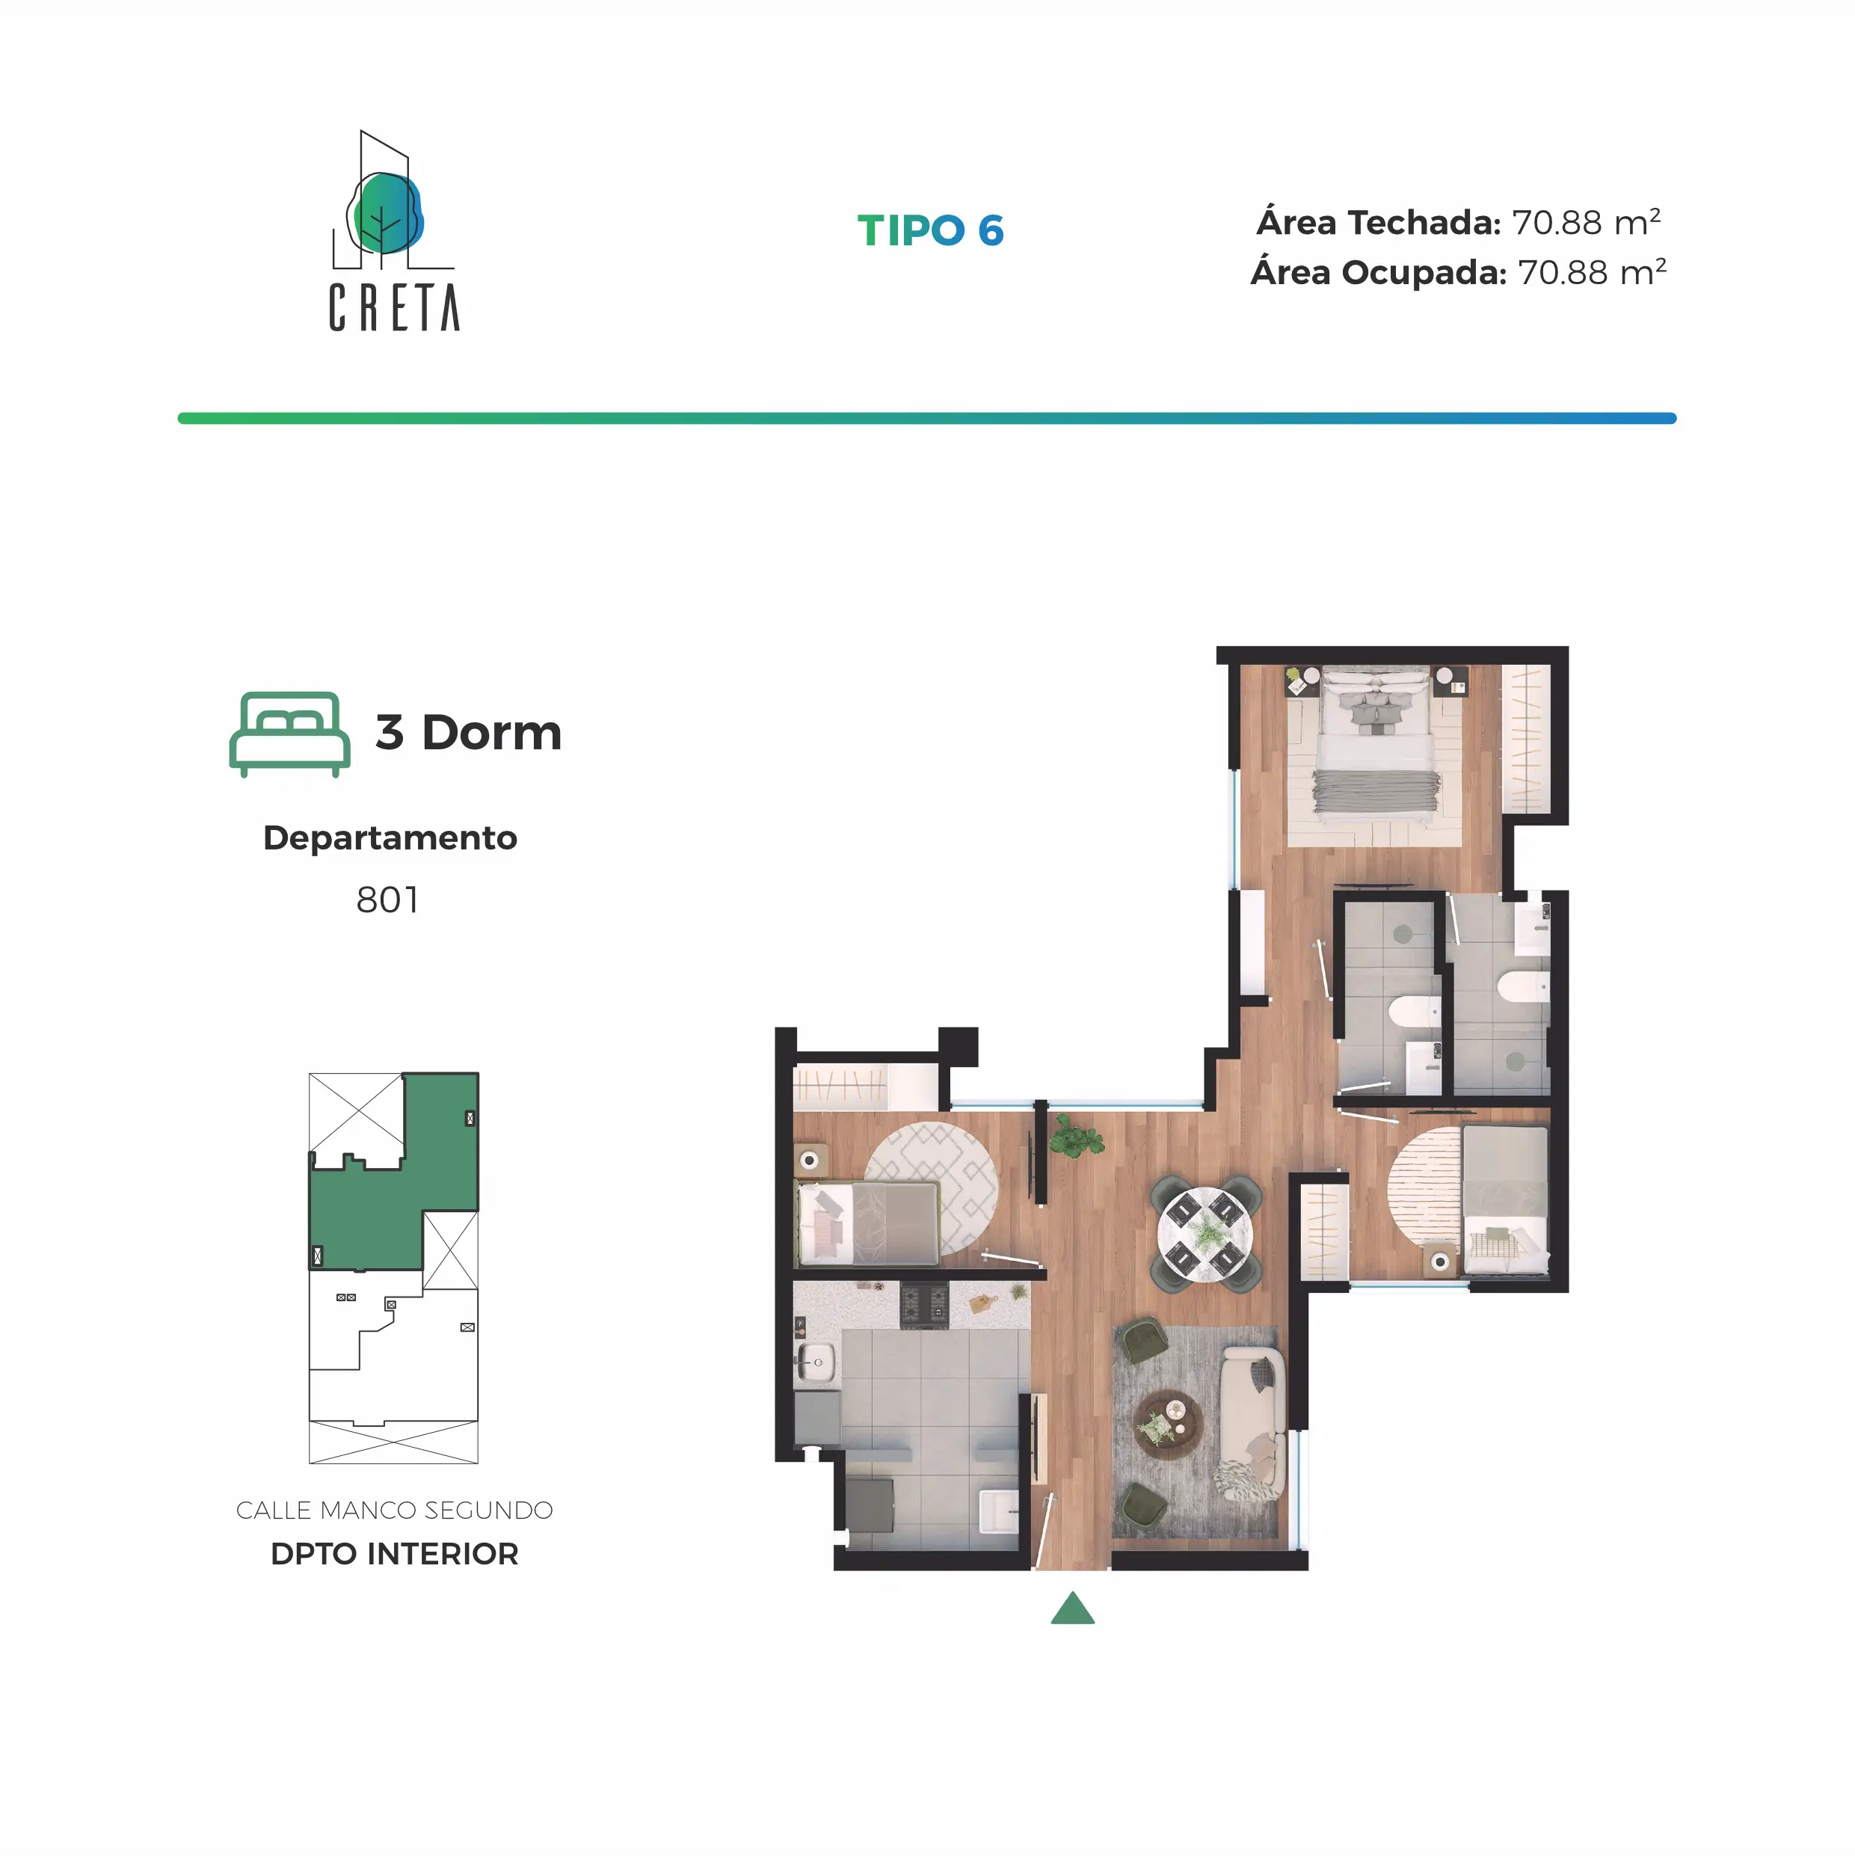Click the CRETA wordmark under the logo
click(394, 307)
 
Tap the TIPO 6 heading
click(930, 230)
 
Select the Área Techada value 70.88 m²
click(1586, 222)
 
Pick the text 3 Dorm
click(468, 733)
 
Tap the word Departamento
click(390, 838)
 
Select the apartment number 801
click(387, 900)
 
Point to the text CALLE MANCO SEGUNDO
click(394, 1511)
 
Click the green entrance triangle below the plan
click(1073, 1609)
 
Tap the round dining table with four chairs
click(1205, 1232)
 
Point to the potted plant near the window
click(1077, 1138)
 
